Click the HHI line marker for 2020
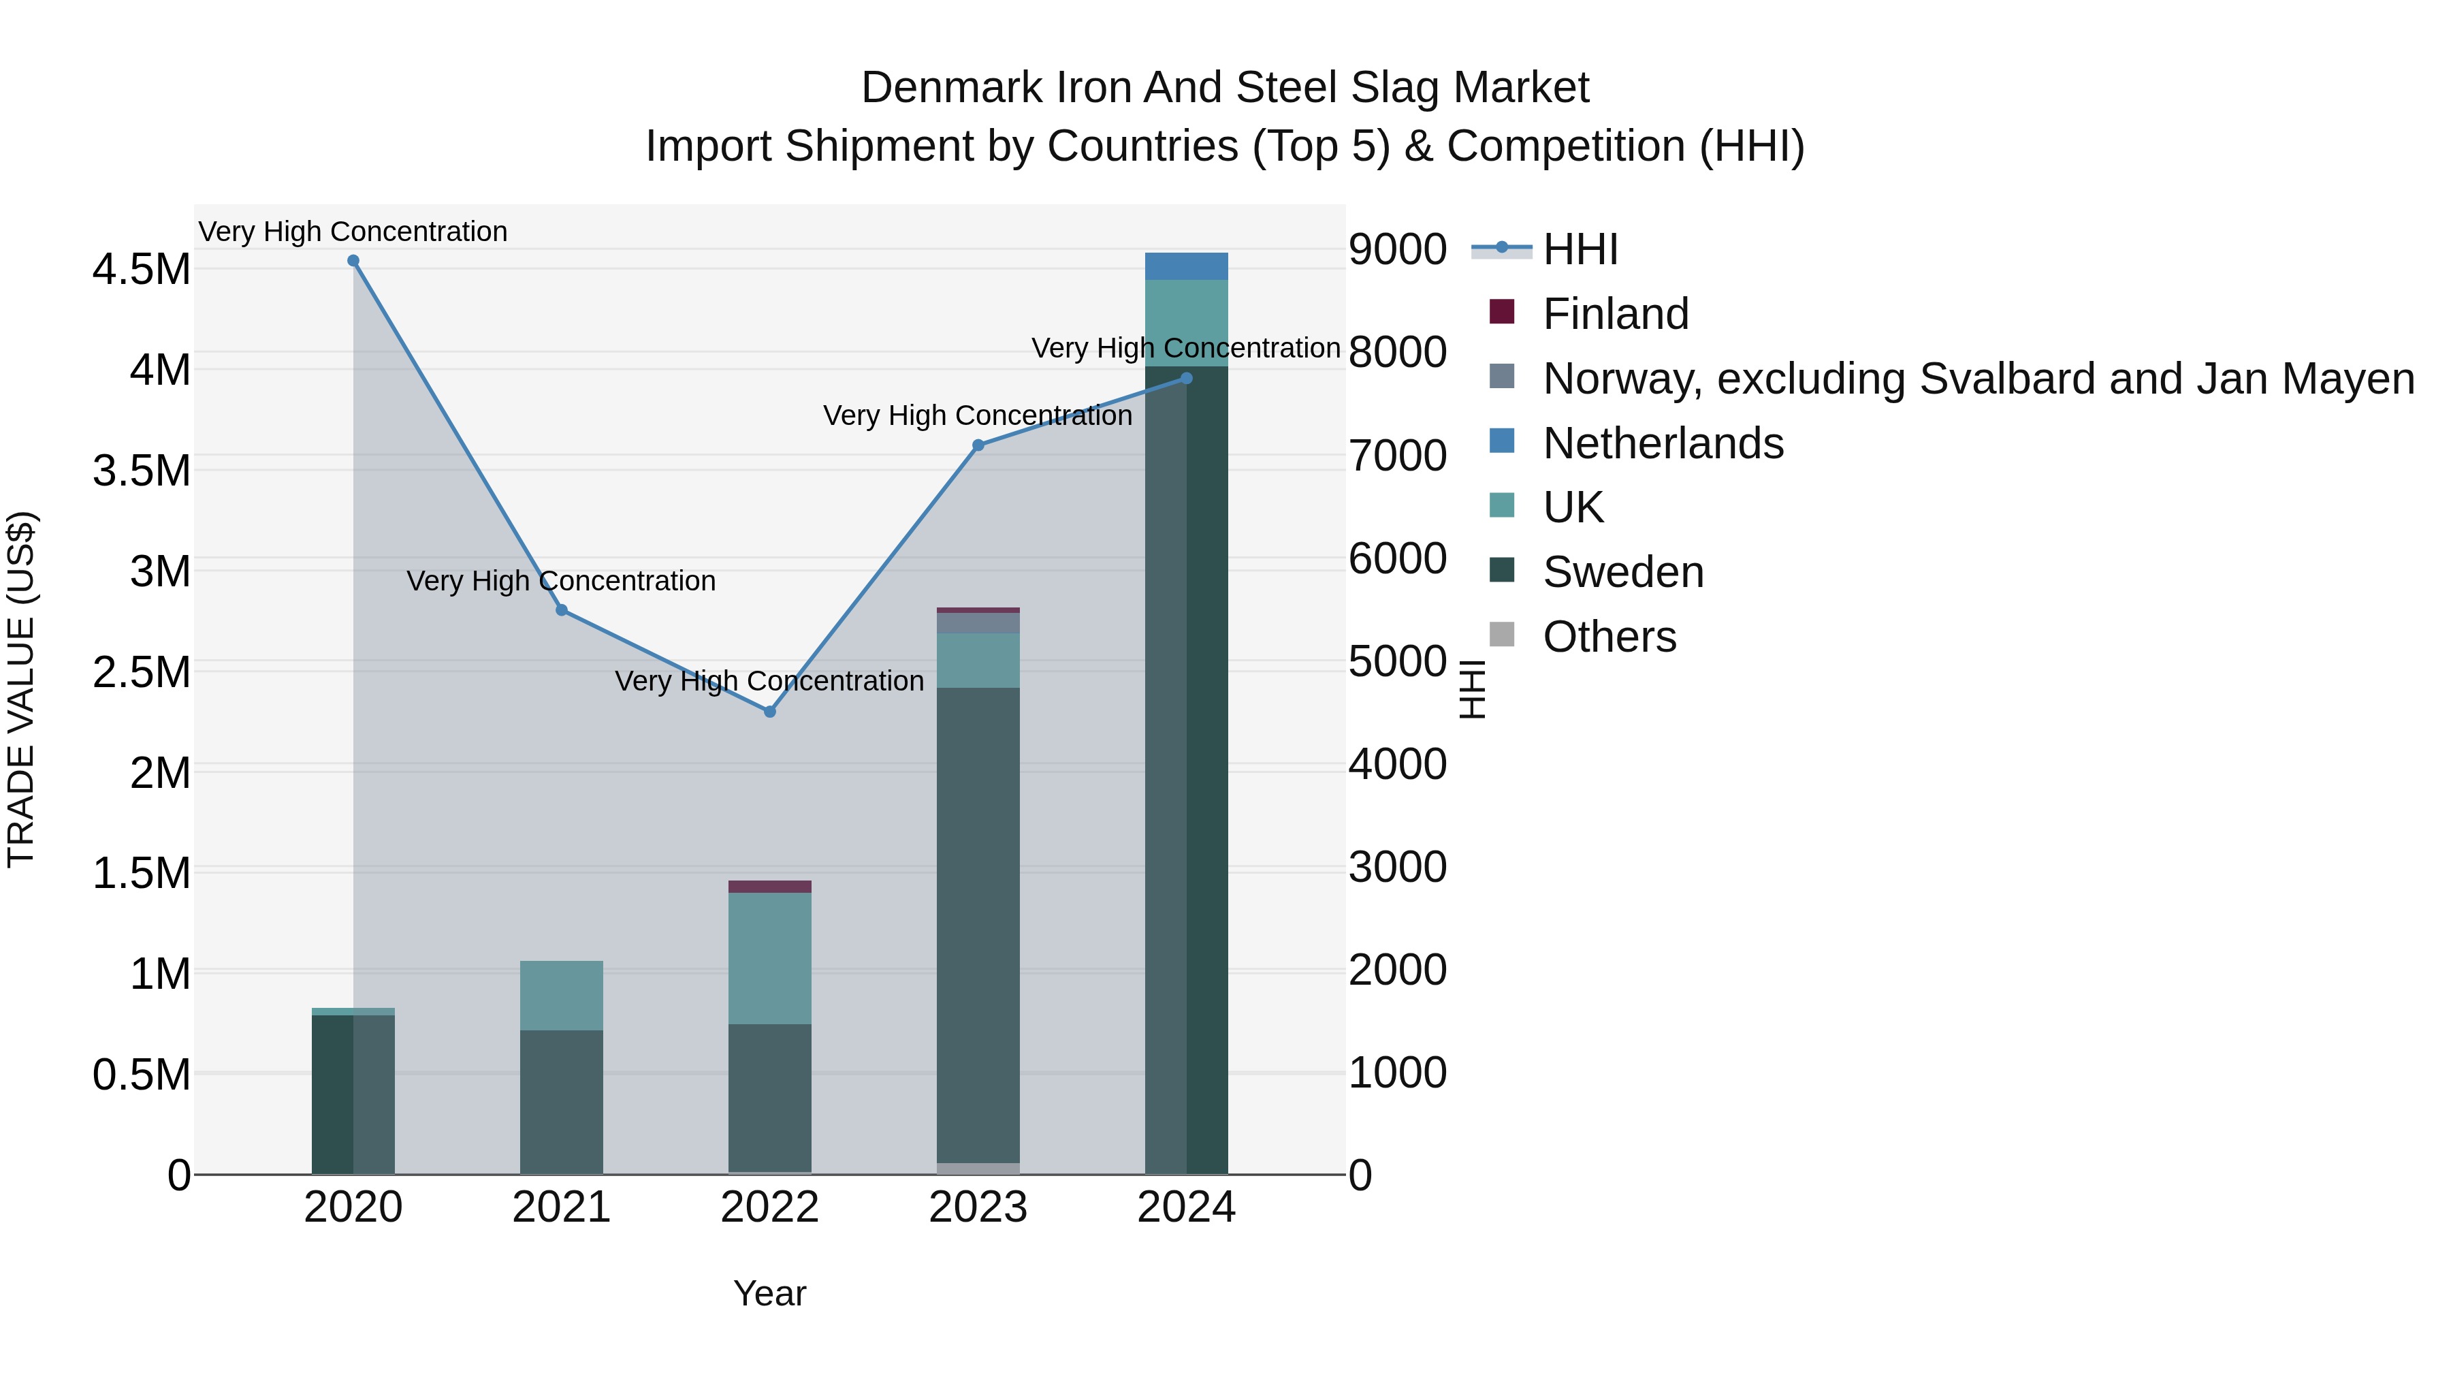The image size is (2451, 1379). click(x=353, y=261)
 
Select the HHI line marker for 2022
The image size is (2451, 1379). click(x=770, y=712)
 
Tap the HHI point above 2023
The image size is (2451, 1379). click(x=978, y=445)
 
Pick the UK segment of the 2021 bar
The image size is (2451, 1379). click(x=562, y=996)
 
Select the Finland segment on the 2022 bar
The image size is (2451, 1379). click(x=770, y=887)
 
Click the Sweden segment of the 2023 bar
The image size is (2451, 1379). click(x=978, y=923)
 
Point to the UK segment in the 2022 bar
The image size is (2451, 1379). click(x=770, y=958)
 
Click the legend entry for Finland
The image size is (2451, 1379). click(x=1615, y=314)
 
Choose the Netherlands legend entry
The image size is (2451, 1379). click(x=1662, y=443)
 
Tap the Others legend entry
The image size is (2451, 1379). click(x=1609, y=637)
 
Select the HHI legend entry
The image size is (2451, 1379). click(x=1580, y=249)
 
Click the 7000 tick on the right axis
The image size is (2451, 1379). click(x=1398, y=455)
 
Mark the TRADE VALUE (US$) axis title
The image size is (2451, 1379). click(x=21, y=689)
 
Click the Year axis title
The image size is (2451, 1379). click(x=770, y=1293)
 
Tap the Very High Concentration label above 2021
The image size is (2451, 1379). click(x=562, y=580)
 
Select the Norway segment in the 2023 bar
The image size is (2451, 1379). click(x=978, y=623)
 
